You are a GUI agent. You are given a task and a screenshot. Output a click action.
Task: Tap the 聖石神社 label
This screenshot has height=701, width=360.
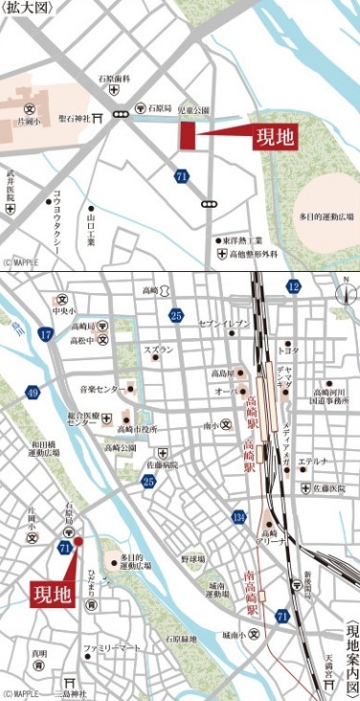(x=73, y=119)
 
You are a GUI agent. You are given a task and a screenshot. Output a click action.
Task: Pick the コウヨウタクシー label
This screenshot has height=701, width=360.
(x=57, y=217)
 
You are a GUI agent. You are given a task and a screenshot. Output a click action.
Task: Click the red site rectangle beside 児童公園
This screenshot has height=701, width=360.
(x=188, y=135)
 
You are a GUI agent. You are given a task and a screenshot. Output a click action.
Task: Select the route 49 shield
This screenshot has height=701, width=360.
(x=34, y=393)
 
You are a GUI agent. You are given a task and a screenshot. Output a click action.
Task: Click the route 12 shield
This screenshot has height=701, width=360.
(x=292, y=286)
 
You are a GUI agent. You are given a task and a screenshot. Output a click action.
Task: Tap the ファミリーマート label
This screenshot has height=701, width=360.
(x=111, y=648)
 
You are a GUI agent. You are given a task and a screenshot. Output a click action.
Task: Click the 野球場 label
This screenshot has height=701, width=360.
(x=192, y=558)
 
